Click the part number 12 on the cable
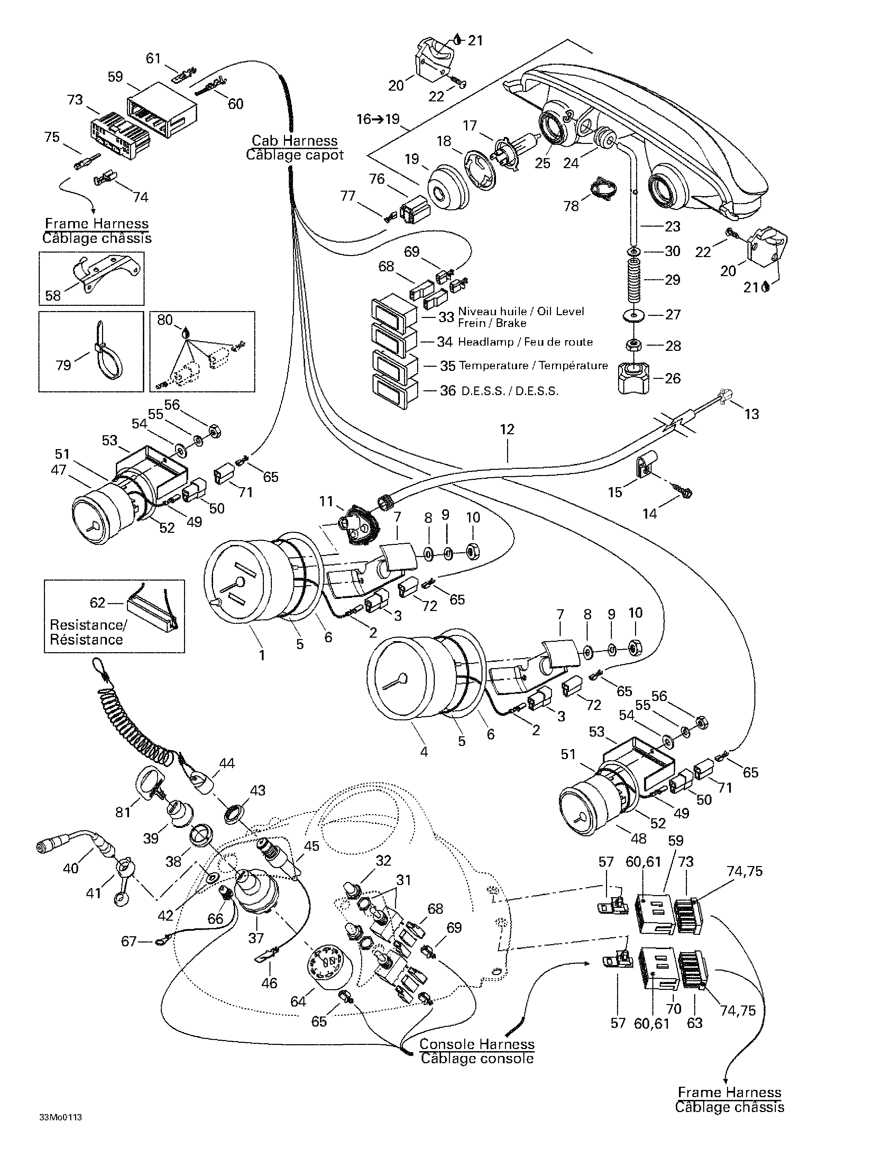click(507, 429)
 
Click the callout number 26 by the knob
click(673, 378)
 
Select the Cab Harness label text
click(295, 141)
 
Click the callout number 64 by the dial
click(298, 1001)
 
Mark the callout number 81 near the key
click(123, 812)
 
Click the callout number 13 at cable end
click(752, 414)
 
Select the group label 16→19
click(378, 119)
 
